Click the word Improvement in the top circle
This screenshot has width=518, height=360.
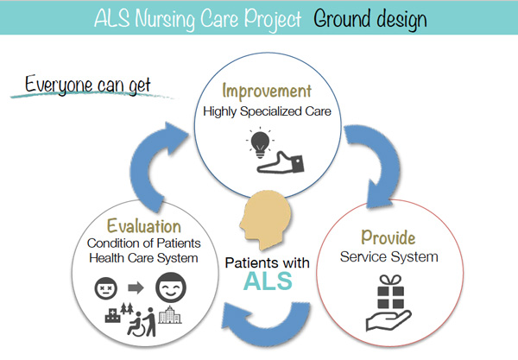click(267, 92)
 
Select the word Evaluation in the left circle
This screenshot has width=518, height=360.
click(143, 226)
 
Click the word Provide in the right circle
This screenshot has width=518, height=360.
click(388, 237)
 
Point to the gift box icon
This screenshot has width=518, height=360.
click(390, 292)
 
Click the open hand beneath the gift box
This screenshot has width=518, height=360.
click(388, 319)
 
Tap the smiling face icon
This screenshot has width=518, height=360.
click(171, 287)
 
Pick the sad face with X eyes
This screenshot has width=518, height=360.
click(106, 288)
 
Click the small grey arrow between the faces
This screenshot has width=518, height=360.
click(136, 287)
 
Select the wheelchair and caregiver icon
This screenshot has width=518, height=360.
click(142, 322)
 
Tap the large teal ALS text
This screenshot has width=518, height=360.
click(268, 281)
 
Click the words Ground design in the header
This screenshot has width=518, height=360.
click(370, 19)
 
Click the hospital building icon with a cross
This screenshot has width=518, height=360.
click(112, 315)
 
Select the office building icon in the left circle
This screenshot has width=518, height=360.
click(170, 314)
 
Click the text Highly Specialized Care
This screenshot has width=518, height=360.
click(267, 111)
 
